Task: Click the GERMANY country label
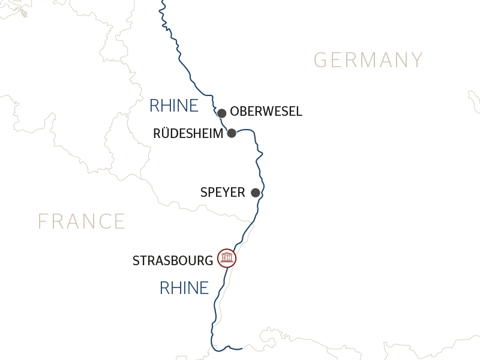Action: coord(368,60)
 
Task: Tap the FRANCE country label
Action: coord(82,221)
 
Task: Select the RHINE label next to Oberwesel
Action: coord(173,106)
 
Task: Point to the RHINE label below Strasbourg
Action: coord(184,288)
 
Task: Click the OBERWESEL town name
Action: coord(266,112)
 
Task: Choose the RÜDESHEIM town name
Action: coord(188,133)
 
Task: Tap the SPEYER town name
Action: coord(223,193)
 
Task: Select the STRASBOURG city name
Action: coord(173,260)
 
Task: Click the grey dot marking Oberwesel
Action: coord(221,113)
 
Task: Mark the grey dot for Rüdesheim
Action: coord(232,133)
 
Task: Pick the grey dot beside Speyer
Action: coord(255,193)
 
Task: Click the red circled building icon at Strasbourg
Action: coord(227,258)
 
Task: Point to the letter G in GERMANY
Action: coord(321,60)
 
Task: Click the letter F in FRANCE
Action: coord(43,221)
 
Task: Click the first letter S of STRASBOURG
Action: coord(136,260)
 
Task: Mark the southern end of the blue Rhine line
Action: coord(241,348)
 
